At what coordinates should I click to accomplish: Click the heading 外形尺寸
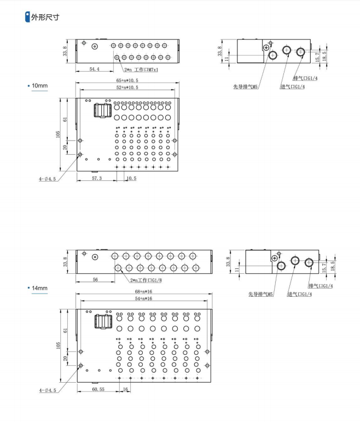tap(45, 17)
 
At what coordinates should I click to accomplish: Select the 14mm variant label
tap(40, 288)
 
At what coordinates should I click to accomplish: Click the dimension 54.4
tap(95, 69)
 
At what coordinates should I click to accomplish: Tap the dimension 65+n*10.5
tap(127, 80)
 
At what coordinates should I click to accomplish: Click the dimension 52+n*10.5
tap(127, 87)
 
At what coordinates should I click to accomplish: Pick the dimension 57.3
tap(97, 178)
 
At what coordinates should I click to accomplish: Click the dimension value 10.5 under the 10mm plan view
tap(131, 178)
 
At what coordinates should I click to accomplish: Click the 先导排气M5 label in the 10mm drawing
tap(246, 86)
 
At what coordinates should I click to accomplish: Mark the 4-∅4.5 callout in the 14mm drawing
tap(50, 390)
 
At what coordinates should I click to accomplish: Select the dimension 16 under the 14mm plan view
tap(125, 389)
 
